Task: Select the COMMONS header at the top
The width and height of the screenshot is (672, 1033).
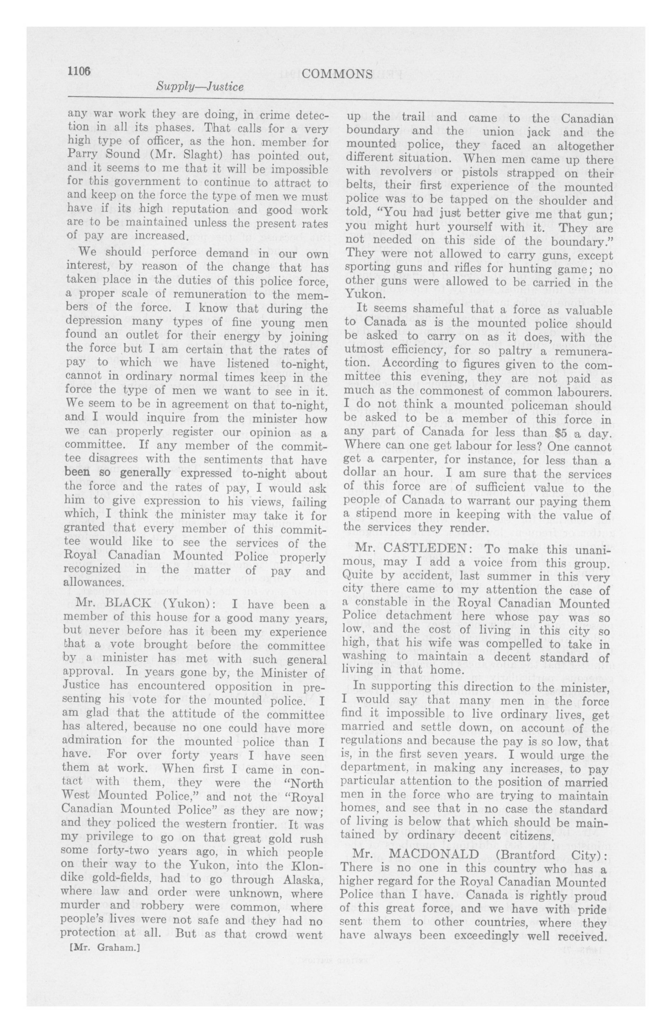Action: click(337, 75)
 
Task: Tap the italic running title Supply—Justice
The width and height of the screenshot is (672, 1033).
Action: click(200, 87)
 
